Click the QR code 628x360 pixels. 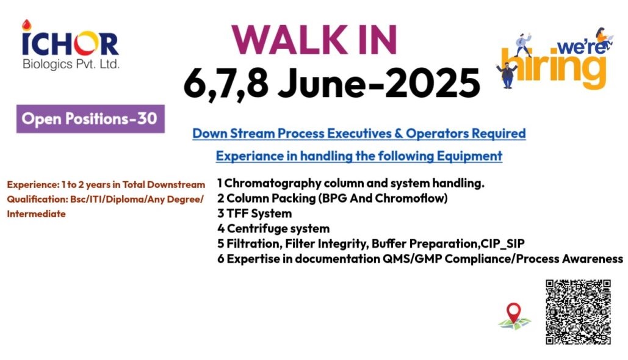click(578, 312)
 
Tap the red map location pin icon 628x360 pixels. click(514, 313)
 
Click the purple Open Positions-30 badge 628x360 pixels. click(90, 119)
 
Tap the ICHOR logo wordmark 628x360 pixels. click(71, 43)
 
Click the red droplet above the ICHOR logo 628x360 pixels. click(26, 25)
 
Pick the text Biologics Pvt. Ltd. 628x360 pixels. click(71, 63)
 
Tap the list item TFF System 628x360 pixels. click(254, 214)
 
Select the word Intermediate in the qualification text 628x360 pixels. click(36, 214)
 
